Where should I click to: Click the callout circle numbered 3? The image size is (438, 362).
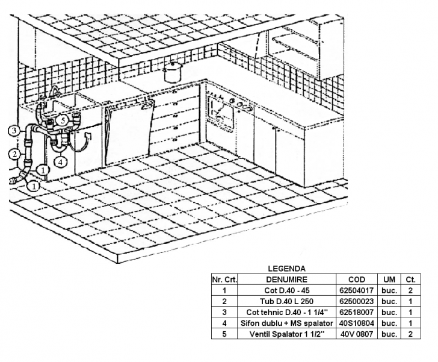pos(12,130)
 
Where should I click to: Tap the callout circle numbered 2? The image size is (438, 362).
pos(12,155)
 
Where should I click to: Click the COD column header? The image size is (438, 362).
pos(357,279)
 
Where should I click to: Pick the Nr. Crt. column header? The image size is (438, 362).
pos(224,279)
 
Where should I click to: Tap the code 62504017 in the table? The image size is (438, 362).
pos(357,290)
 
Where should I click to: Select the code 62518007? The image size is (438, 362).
pos(357,312)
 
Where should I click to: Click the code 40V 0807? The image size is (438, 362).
pos(357,334)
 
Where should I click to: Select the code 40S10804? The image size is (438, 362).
pos(357,323)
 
